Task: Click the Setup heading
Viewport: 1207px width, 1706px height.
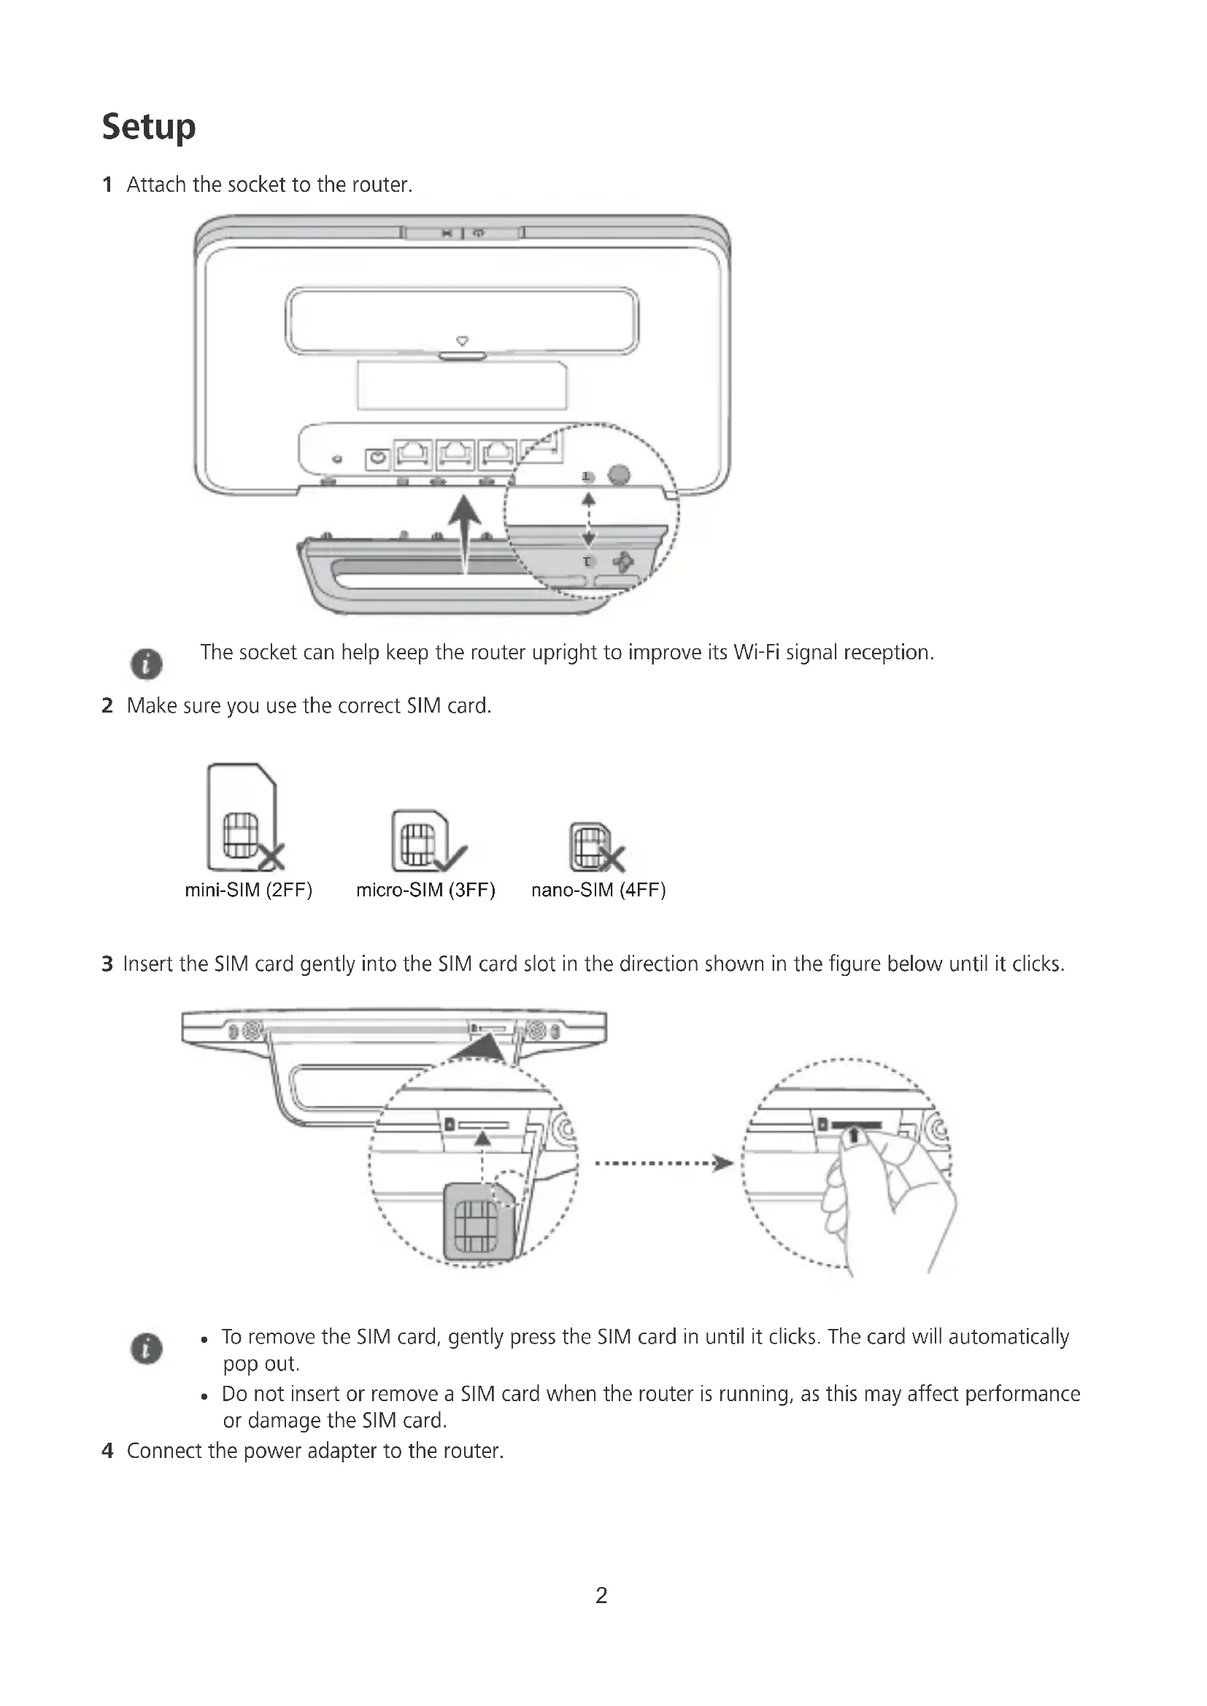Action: (x=149, y=127)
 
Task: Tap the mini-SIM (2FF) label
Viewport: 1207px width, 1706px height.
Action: (x=248, y=890)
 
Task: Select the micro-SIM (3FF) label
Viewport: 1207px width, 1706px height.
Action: (x=425, y=890)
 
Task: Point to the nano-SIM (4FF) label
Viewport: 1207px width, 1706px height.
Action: (x=598, y=890)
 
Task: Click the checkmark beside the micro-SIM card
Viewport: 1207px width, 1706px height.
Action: (x=450, y=858)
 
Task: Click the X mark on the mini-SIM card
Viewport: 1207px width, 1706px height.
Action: (x=272, y=858)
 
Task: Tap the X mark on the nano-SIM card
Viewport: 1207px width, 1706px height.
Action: (x=612, y=859)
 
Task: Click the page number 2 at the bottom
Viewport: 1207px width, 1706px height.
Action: (x=601, y=1595)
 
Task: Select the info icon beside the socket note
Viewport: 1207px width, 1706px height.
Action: (x=147, y=664)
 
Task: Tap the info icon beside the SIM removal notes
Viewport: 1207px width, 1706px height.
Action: (x=147, y=1349)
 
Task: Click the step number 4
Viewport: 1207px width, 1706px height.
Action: (x=108, y=1451)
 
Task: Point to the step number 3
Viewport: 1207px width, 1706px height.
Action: (x=108, y=964)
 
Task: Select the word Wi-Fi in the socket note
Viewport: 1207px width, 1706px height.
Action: (x=757, y=652)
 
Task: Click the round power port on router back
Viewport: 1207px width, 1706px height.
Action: (x=379, y=460)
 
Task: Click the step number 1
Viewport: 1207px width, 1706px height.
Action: (x=108, y=185)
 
